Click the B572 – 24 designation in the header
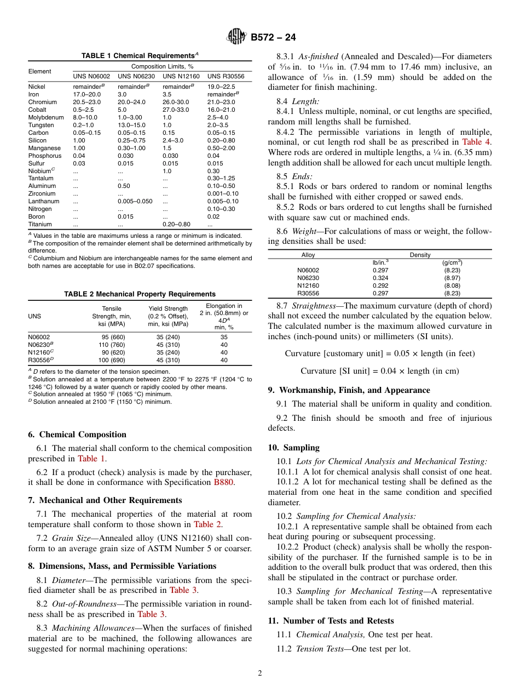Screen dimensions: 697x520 tap(273, 37)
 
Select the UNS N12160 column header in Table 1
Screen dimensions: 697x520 tap(181, 76)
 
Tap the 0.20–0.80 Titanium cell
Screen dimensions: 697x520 tap(176, 224)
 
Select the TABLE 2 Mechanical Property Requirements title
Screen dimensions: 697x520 tap(140, 294)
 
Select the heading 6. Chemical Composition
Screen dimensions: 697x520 tap(77, 435)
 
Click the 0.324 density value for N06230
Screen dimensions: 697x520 tap(380, 278)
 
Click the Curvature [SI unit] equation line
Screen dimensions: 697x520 tap(379, 371)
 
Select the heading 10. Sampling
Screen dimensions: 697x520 tap(293, 447)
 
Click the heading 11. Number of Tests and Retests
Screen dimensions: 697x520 tap(331, 621)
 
